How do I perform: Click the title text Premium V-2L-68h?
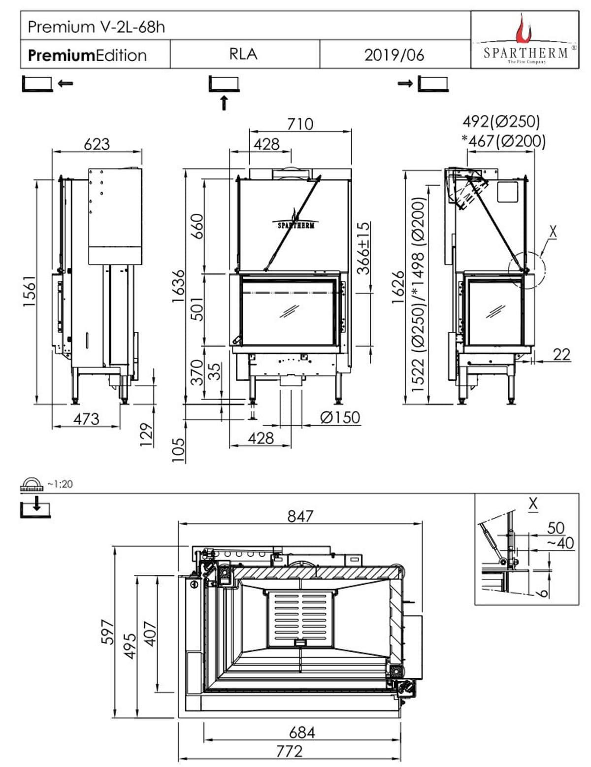tap(96, 27)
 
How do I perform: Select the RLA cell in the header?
tap(243, 54)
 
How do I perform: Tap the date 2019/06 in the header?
tap(394, 55)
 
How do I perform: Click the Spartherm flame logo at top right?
tap(524, 31)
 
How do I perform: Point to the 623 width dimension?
tap(97, 144)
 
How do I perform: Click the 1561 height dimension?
tap(30, 291)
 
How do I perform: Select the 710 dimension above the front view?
tap(300, 124)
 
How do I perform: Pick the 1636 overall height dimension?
tap(178, 286)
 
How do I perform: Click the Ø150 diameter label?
tap(340, 418)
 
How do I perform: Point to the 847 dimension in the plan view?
tap(300, 516)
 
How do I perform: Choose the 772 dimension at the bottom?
tap(289, 751)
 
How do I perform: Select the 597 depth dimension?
tap(107, 632)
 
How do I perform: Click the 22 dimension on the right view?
tap(561, 354)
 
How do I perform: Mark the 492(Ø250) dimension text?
tap(501, 121)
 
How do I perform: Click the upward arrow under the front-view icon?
tap(224, 102)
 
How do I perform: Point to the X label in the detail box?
tap(532, 503)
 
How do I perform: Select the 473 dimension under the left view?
tap(86, 419)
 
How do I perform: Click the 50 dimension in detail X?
tap(556, 528)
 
